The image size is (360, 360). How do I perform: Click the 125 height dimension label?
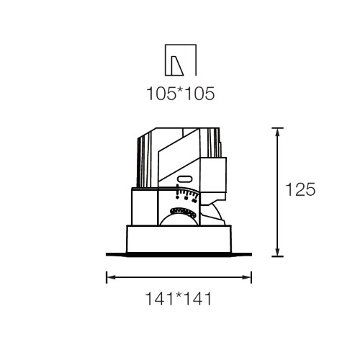[x=300, y=189]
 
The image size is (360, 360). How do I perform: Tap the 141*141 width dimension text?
[x=179, y=299]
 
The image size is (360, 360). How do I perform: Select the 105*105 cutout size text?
[x=181, y=94]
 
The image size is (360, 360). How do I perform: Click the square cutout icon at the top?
[x=181, y=60]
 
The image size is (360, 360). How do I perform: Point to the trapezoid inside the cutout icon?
[x=176, y=66]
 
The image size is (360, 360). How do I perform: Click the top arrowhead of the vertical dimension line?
[x=277, y=132]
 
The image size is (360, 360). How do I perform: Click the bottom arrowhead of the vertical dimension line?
[x=277, y=252]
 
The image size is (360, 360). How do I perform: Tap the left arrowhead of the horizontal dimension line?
[x=111, y=277]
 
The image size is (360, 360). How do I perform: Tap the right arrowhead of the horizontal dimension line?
[x=247, y=277]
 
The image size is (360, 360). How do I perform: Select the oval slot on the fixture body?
[x=184, y=179]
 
